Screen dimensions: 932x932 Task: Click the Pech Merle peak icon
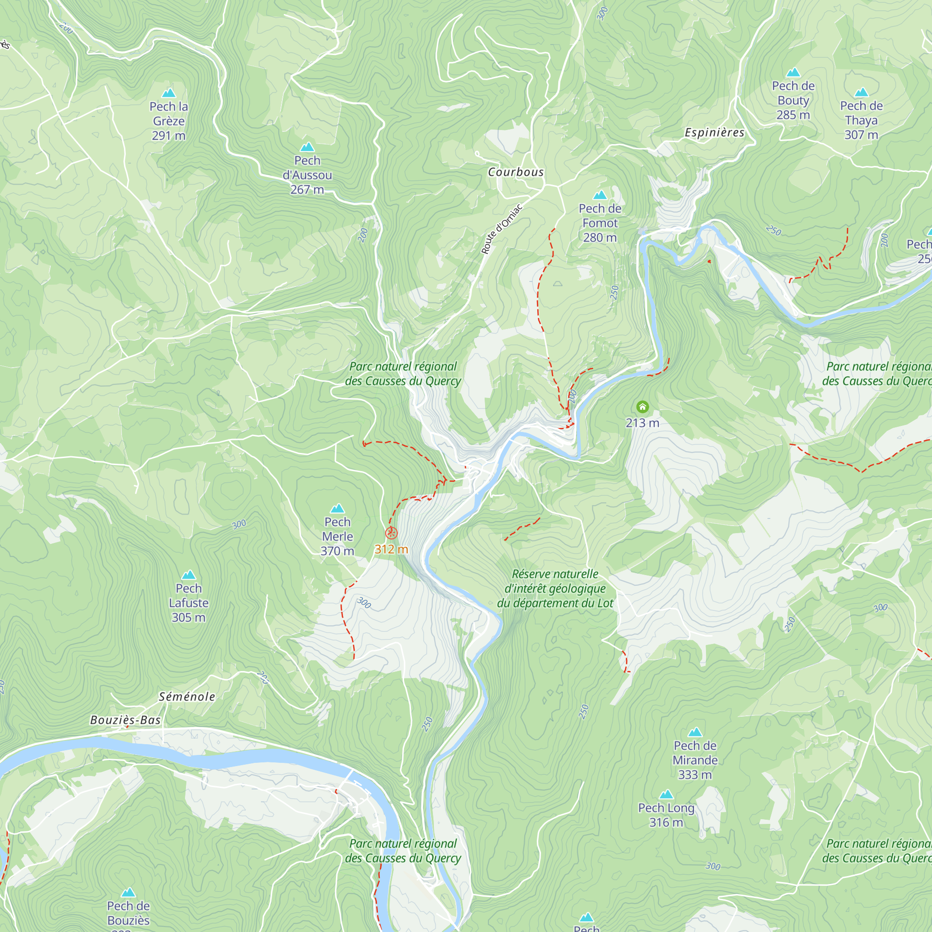coord(337,508)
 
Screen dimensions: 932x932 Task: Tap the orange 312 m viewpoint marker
coord(391,533)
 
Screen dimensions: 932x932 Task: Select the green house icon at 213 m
coord(642,407)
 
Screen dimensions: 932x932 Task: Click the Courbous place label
coord(516,172)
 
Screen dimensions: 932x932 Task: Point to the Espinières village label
coord(714,133)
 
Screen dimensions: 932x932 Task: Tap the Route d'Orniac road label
coord(502,229)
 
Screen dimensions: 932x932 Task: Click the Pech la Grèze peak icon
coord(168,93)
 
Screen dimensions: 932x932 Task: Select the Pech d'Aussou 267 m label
coord(307,175)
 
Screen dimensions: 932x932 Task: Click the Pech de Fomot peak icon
coord(600,195)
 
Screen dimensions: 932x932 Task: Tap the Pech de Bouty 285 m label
coord(793,100)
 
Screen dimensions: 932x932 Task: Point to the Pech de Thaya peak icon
coord(861,92)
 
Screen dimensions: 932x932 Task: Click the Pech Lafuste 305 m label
coord(189,603)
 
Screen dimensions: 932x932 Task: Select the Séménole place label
coord(187,697)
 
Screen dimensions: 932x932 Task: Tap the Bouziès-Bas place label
coord(125,720)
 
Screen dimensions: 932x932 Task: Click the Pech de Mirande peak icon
coord(695,732)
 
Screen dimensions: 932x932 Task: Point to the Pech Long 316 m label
coord(666,815)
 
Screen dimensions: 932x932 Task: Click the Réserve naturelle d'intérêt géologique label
coord(555,589)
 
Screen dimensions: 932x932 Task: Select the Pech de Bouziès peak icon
coord(128,892)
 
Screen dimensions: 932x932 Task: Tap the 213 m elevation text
coord(642,423)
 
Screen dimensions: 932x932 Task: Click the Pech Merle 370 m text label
coord(337,536)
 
